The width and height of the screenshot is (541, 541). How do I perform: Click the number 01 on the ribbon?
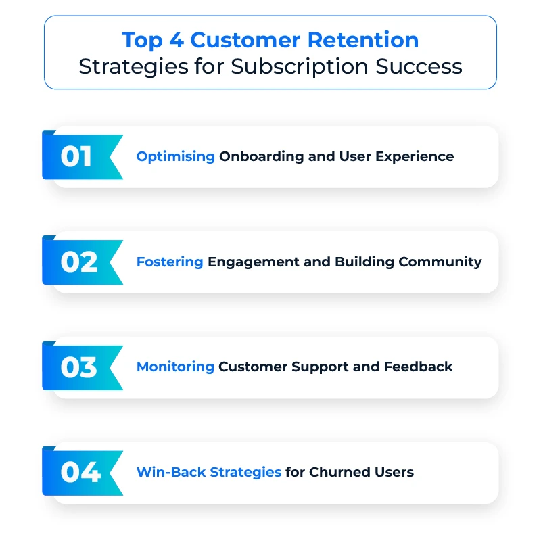tap(76, 157)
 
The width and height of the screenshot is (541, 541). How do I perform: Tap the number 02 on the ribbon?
tap(79, 262)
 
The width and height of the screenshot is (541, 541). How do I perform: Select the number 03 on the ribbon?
tap(78, 367)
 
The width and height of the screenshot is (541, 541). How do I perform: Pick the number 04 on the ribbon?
tap(80, 472)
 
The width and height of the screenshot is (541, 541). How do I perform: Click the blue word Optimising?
tap(176, 157)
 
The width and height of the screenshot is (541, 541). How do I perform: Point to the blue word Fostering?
tap(170, 262)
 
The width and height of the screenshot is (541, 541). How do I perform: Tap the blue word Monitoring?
tap(175, 367)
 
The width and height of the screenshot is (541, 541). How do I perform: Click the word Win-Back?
tap(171, 472)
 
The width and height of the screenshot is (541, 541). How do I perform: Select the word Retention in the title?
tap(363, 40)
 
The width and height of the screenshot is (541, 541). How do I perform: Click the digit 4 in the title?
tap(177, 41)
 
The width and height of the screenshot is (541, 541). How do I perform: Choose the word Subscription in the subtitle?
tap(300, 67)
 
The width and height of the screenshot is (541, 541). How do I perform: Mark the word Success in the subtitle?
tap(419, 66)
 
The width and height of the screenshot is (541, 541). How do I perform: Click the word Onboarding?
tap(262, 157)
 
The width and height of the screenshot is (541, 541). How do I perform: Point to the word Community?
tap(440, 262)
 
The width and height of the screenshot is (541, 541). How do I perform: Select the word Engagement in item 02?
tap(254, 262)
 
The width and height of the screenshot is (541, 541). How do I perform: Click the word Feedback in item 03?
tap(418, 367)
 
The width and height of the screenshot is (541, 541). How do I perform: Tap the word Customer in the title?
tap(245, 40)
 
